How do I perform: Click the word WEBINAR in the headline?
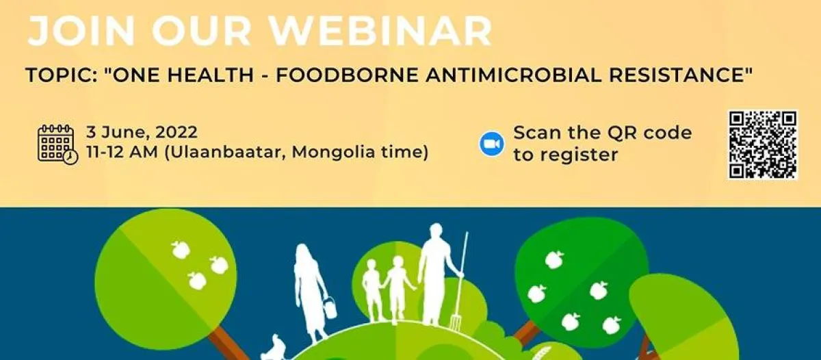pos(381,31)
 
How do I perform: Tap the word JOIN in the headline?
pos(81,31)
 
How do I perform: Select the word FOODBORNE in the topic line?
pos(347,75)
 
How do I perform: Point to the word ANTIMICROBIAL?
pos(513,75)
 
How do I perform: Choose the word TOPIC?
pos(62,75)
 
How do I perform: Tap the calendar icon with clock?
pos(57,144)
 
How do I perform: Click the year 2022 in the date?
pos(177,132)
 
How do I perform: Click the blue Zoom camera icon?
pos(491,144)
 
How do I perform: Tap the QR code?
pos(763,145)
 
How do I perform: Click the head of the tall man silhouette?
pos(436,232)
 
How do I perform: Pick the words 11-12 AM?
pos(122,152)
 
